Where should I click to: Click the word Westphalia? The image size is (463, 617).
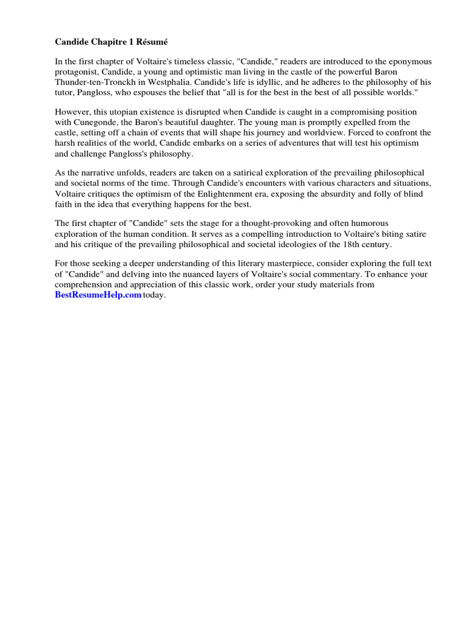point(169,83)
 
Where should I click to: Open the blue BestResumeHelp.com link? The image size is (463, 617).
point(98,295)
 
